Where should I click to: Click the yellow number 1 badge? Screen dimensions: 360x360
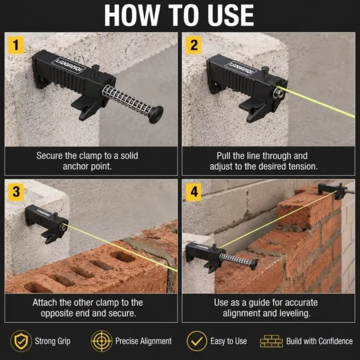coord(16,45)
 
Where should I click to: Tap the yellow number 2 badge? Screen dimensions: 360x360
coord(194,45)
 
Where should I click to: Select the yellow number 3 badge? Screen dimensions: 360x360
coord(16,192)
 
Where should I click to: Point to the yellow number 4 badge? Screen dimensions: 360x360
coord(194,192)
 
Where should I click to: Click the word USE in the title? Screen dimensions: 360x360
coord(231,16)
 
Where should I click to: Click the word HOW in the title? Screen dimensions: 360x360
coord(132,16)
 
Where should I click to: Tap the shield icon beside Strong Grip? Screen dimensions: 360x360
coord(21,341)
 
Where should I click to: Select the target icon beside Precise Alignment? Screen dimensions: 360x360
coord(101,341)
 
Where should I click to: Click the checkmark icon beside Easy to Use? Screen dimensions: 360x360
coord(197,341)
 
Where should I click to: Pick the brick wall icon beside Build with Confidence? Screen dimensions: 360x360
coord(271,341)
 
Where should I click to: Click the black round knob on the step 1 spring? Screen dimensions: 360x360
coord(156,115)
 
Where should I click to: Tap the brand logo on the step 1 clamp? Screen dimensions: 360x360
coord(68,65)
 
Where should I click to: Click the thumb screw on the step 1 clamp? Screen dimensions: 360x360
coord(95,71)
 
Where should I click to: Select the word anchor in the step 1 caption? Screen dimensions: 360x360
coord(76,166)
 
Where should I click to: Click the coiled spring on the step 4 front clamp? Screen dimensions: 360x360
coord(236,259)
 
